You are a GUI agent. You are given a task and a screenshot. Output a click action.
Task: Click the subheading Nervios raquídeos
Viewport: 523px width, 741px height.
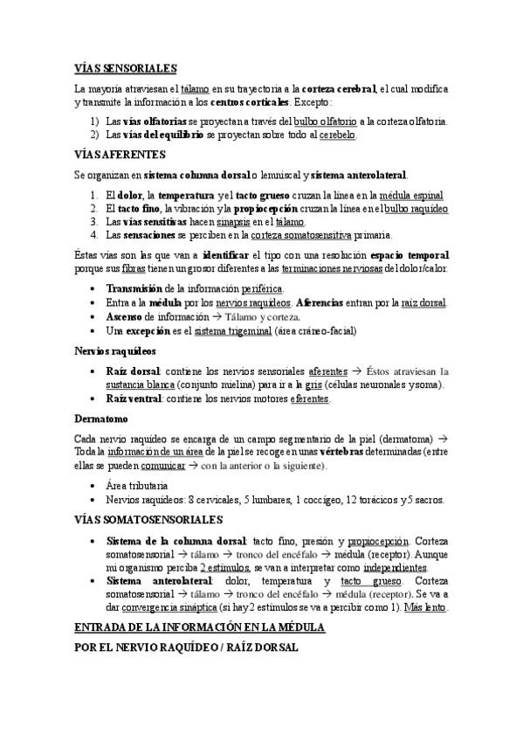115,351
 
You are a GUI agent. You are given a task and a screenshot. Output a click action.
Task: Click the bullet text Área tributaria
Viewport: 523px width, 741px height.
137,485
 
